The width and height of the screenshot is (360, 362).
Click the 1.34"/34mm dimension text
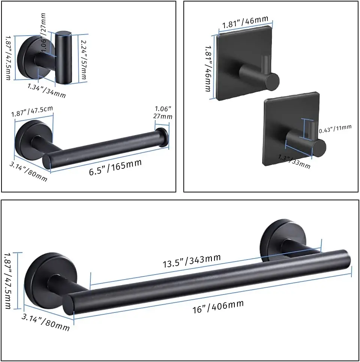(x=46, y=90)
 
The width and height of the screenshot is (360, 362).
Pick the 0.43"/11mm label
(x=335, y=129)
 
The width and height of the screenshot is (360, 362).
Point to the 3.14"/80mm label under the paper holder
(x=28, y=171)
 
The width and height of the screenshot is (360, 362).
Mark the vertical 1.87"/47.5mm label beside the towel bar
(x=8, y=280)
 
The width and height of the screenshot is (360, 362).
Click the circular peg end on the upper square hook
(x=270, y=81)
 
